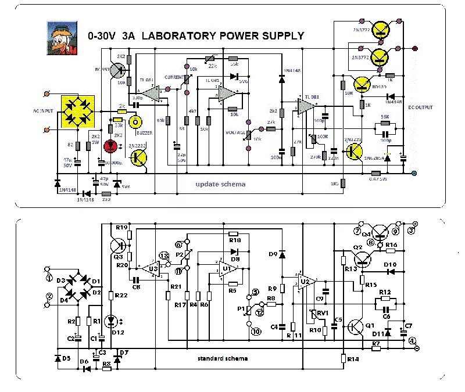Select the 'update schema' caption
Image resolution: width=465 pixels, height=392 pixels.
(220, 184)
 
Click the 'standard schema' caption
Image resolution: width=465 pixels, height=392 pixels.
(223, 358)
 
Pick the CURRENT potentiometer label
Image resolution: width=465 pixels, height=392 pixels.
(174, 77)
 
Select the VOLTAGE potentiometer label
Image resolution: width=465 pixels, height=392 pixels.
(233, 132)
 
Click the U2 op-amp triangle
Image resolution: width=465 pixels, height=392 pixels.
(307, 281)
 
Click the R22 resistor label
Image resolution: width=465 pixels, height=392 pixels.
(121, 296)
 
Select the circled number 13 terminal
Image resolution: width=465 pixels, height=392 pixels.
(164, 256)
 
